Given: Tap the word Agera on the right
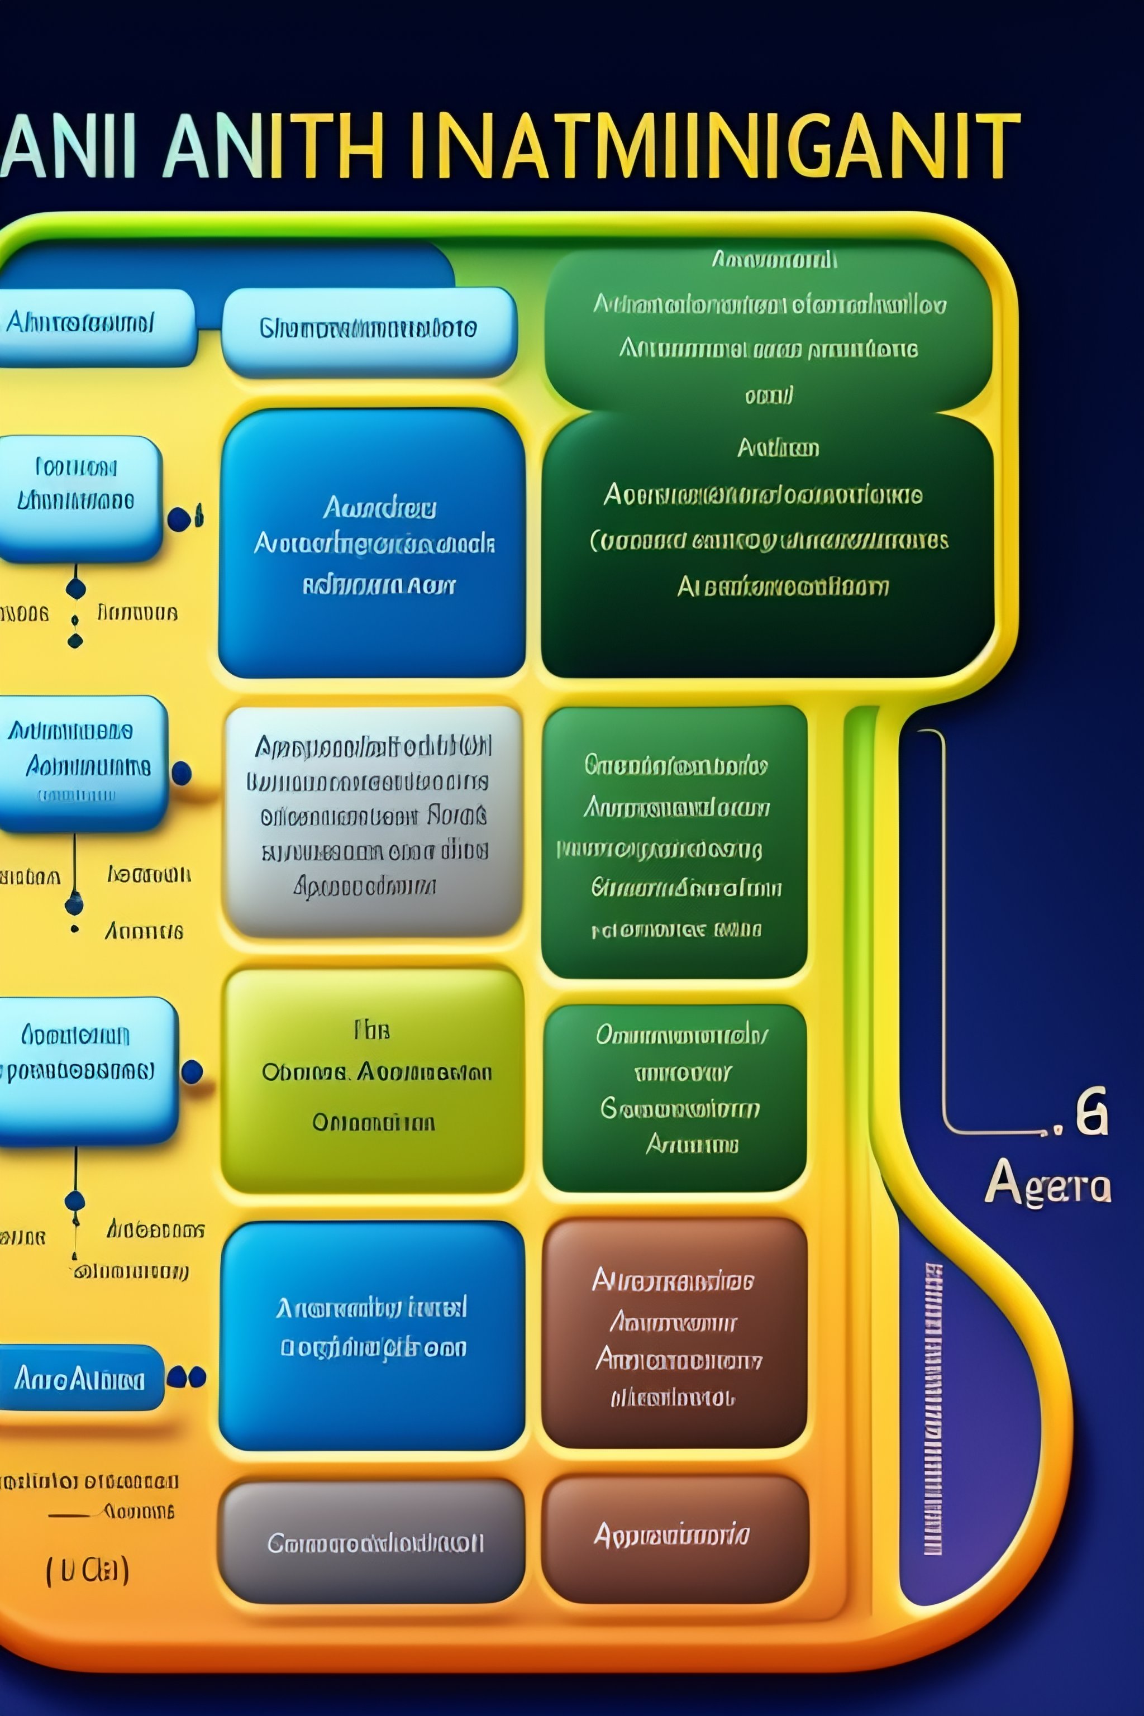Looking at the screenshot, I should click(1048, 1183).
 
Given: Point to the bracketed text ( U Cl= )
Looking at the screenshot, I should click(88, 1570).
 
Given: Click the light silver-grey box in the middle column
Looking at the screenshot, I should click(373, 821).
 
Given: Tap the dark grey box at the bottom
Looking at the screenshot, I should click(371, 1542).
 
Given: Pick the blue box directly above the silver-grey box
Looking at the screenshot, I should click(372, 544).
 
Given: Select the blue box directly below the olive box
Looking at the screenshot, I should click(372, 1335).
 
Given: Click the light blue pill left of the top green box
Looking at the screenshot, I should click(369, 330).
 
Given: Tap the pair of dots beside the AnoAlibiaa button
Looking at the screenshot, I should click(187, 1377).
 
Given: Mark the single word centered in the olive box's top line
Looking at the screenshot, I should click(372, 1030).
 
